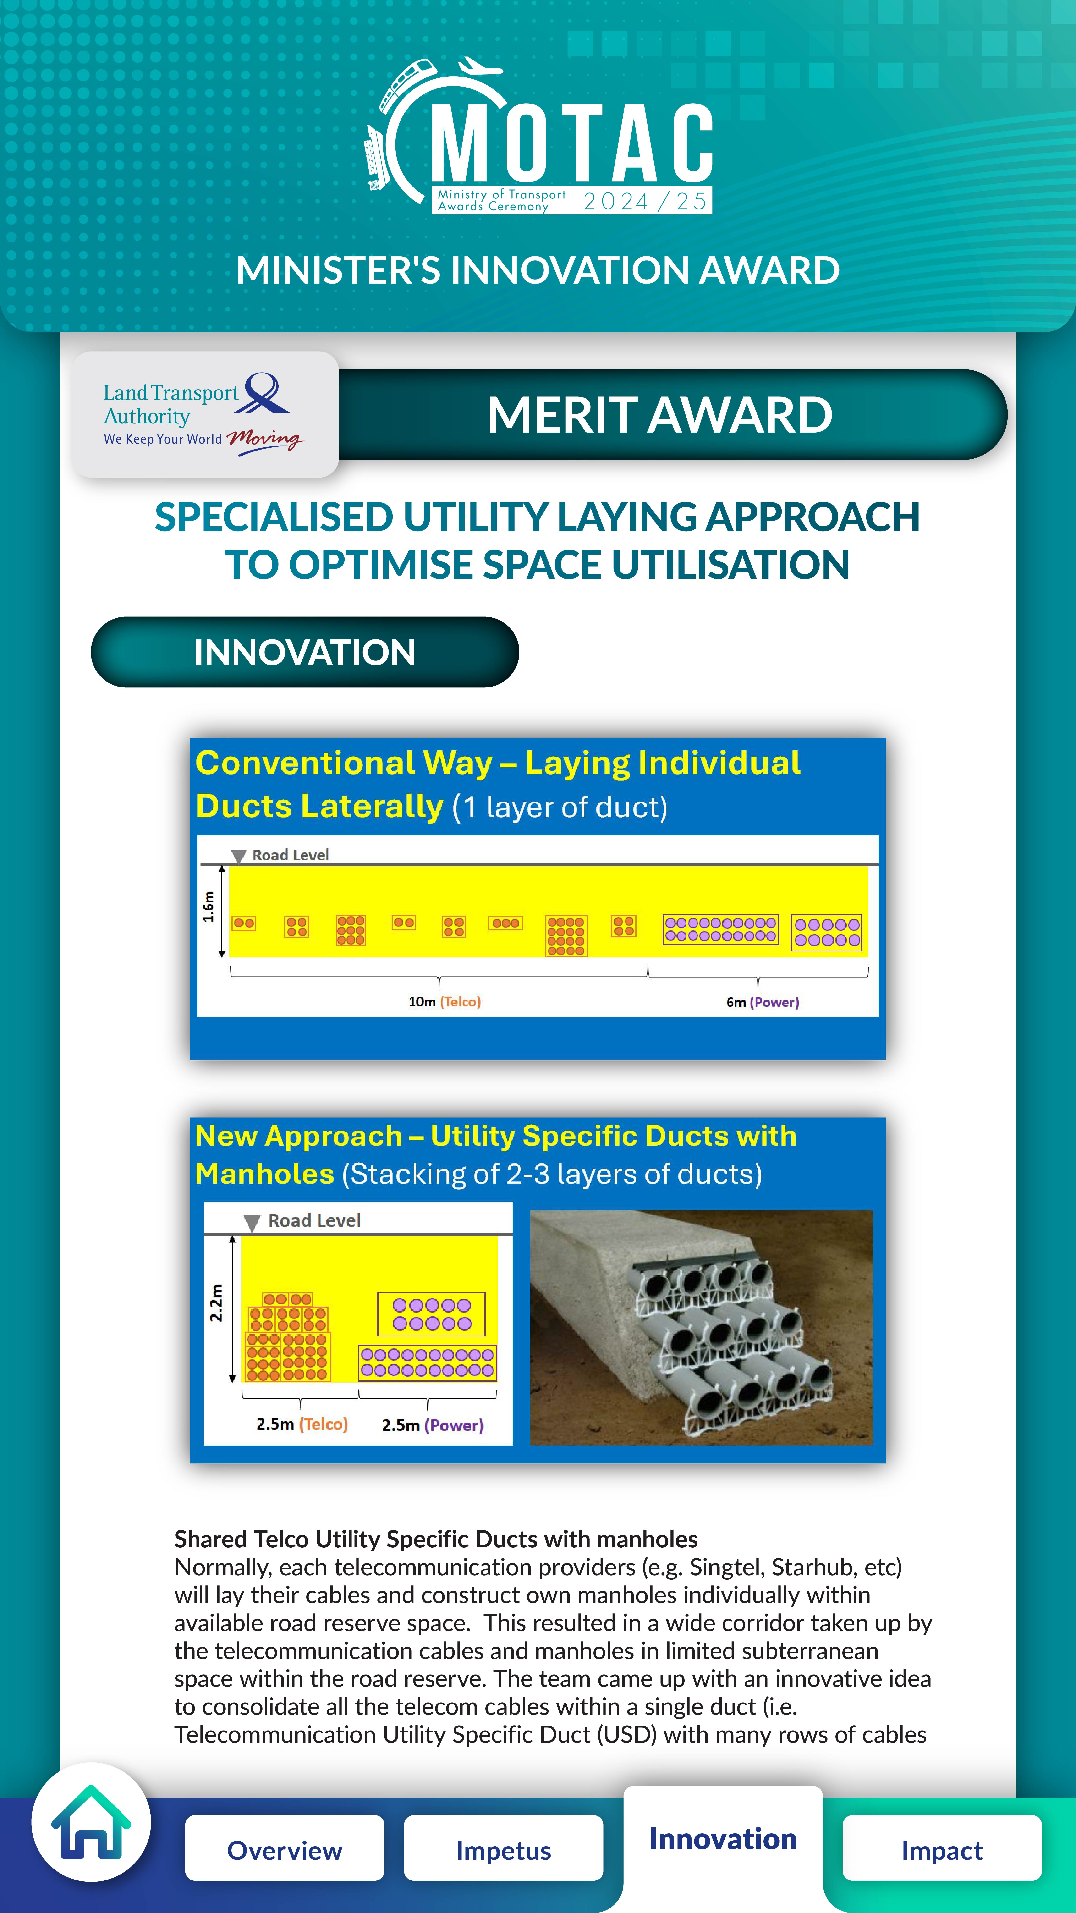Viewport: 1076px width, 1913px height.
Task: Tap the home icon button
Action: (91, 1822)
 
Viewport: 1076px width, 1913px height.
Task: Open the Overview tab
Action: (284, 1849)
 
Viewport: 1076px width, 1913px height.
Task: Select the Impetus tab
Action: (504, 1849)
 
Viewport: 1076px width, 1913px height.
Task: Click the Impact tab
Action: (942, 1849)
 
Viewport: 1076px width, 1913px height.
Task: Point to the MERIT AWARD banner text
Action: (659, 414)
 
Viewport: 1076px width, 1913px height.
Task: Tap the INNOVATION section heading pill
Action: (304, 652)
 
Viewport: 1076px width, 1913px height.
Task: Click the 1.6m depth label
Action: (209, 907)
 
